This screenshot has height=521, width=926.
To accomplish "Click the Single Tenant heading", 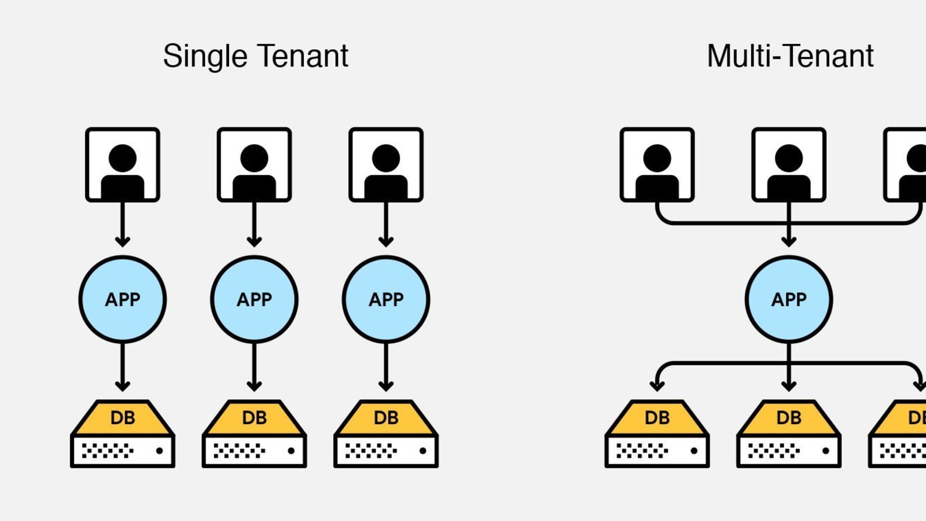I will pyautogui.click(x=255, y=56).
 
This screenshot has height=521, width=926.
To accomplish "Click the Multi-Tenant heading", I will pyautogui.click(x=790, y=56).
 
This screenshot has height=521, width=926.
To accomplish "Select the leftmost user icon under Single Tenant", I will pyautogui.click(x=123, y=165).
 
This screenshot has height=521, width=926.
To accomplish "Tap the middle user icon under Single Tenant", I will pyautogui.click(x=254, y=165).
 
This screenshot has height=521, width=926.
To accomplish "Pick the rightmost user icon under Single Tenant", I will pyautogui.click(x=386, y=165).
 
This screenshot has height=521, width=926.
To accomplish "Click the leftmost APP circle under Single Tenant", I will pyautogui.click(x=123, y=299).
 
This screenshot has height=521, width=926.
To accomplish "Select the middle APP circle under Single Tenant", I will pyautogui.click(x=254, y=299).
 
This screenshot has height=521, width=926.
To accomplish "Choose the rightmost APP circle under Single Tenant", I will pyautogui.click(x=386, y=299).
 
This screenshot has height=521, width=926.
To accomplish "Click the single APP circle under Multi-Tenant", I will pyautogui.click(x=789, y=299).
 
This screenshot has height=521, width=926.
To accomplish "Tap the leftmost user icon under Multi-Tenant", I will pyautogui.click(x=657, y=165).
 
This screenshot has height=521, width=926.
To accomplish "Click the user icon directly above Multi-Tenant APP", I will pyautogui.click(x=789, y=165).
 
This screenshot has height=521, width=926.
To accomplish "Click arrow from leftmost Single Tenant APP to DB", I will pyautogui.click(x=123, y=368).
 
